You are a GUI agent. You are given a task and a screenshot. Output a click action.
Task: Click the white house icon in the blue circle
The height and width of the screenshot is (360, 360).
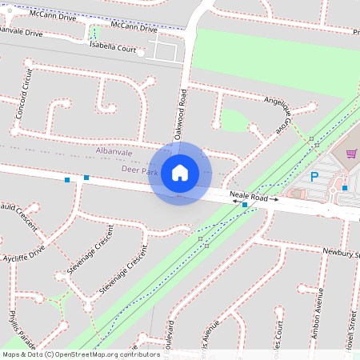point(180,172)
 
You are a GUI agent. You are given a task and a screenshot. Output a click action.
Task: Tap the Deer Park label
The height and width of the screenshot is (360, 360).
point(138,170)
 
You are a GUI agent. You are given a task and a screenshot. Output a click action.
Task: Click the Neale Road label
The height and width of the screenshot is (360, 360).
point(247,194)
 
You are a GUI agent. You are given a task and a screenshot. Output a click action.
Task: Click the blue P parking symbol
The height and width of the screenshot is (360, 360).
point(314,177)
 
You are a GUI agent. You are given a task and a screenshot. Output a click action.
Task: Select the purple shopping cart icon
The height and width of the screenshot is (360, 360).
point(350,154)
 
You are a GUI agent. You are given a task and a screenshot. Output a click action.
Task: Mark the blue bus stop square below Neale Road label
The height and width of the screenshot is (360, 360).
point(244,206)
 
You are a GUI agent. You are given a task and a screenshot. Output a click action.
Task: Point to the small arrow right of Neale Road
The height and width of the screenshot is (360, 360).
point(273,198)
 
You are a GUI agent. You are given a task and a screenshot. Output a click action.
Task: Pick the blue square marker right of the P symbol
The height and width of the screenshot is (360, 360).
point(344,188)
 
